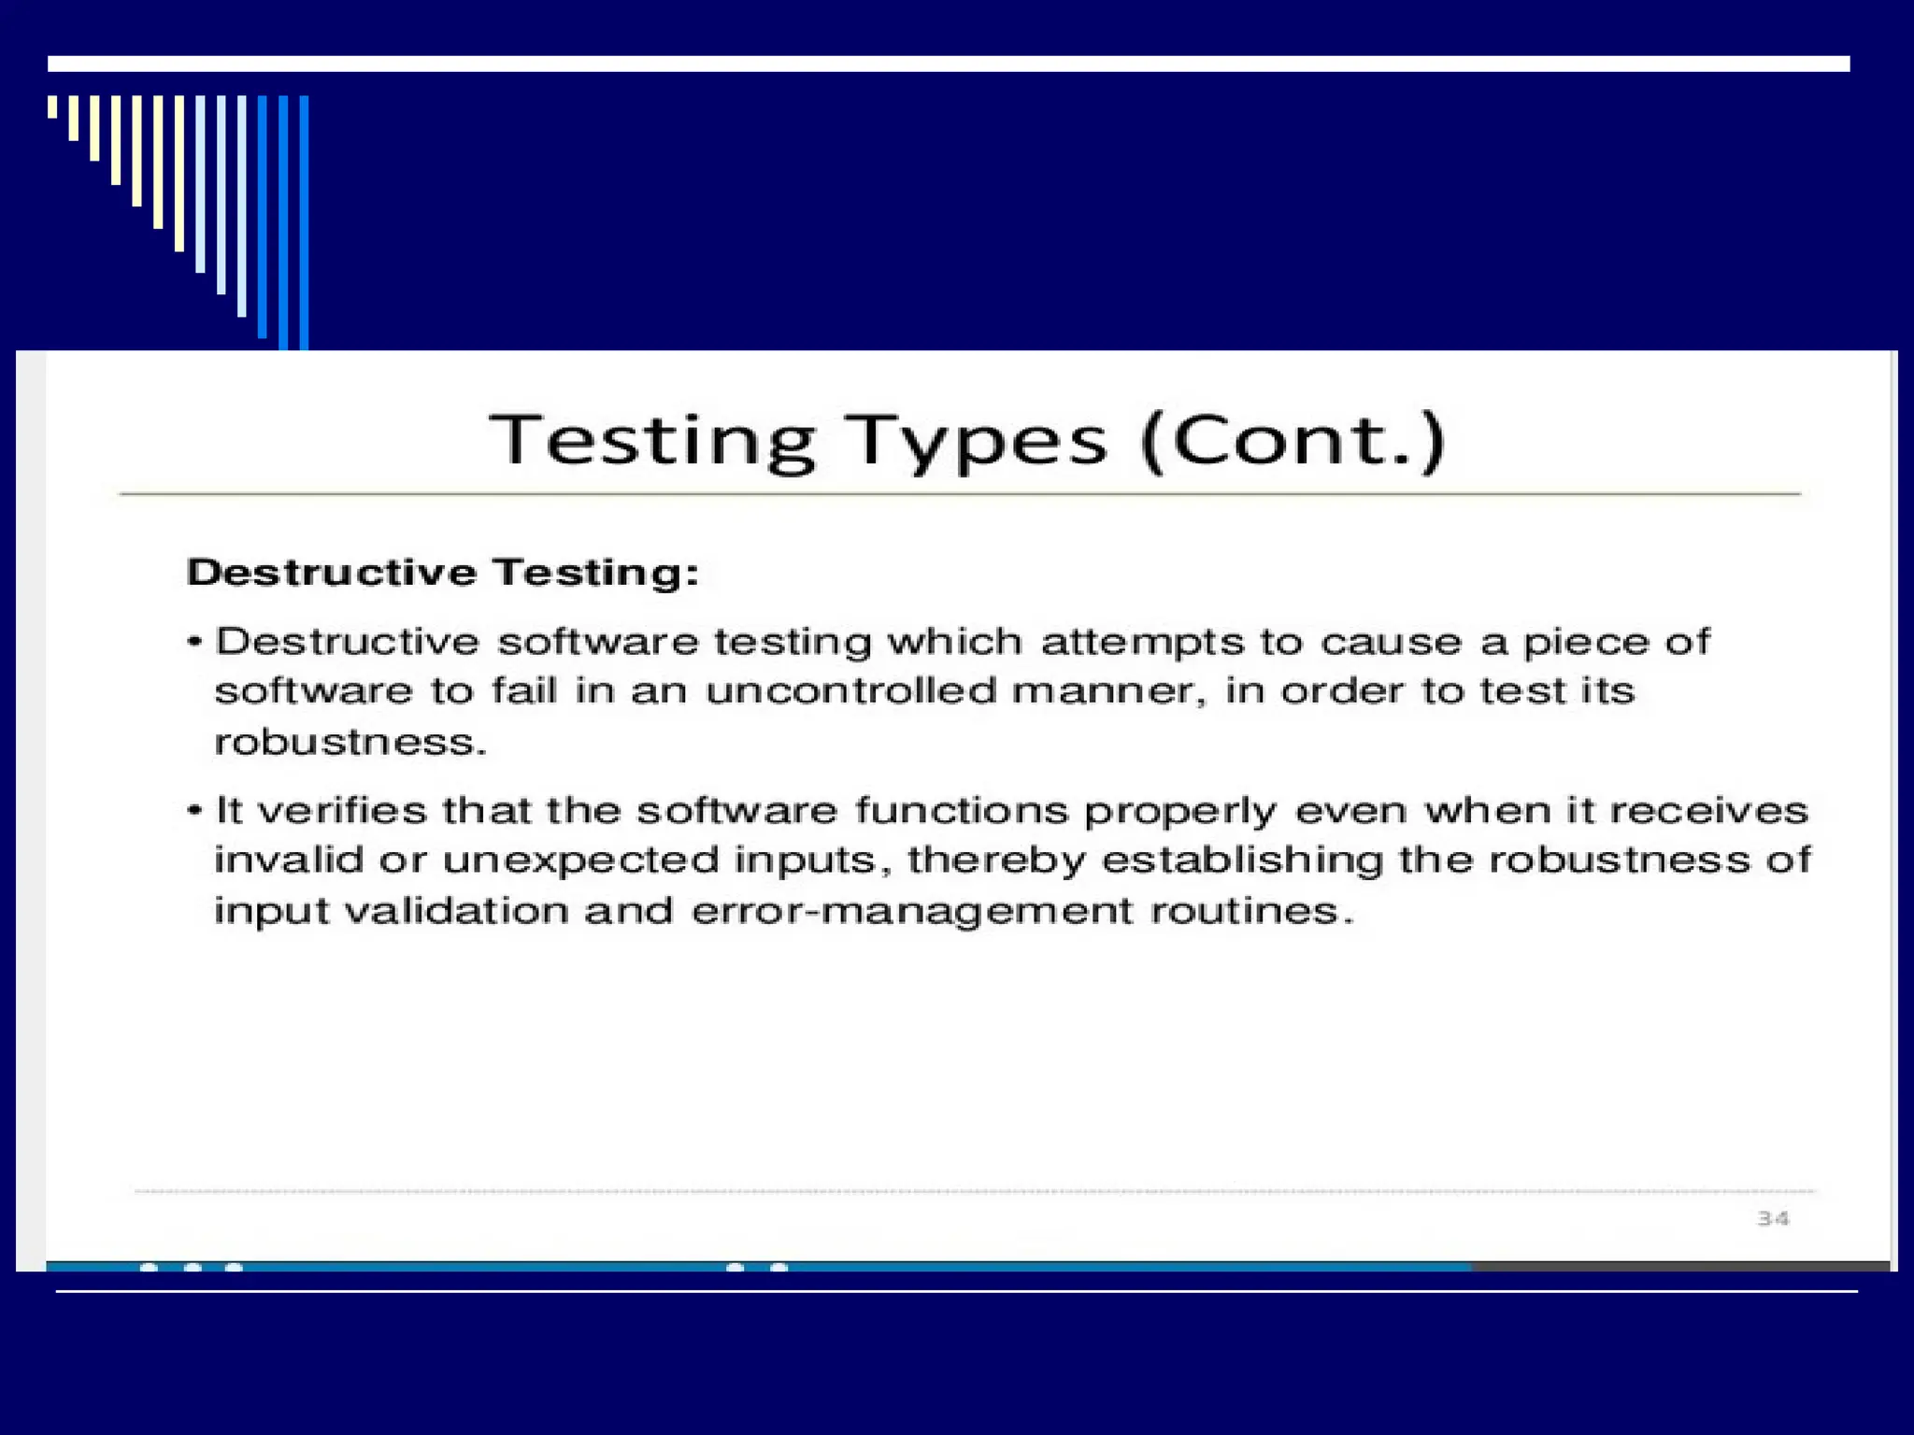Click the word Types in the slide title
[977, 441]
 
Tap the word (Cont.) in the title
[1293, 441]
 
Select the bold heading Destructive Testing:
[443, 572]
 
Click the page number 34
[1773, 1218]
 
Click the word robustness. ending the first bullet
[350, 742]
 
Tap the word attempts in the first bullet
[1142, 642]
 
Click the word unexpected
[580, 860]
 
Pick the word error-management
[912, 911]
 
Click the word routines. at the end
[1252, 911]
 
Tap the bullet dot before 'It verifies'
[194, 810]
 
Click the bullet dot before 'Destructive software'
[194, 642]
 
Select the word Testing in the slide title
[652, 441]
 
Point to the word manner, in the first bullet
[1109, 691]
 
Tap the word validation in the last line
[456, 911]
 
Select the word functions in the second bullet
[961, 810]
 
